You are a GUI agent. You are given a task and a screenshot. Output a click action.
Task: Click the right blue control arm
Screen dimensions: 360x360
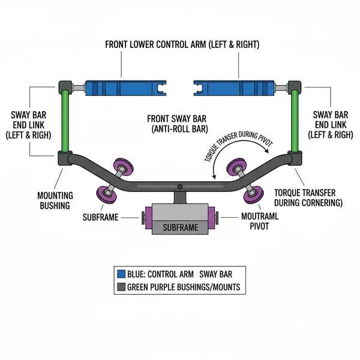pos(236,88)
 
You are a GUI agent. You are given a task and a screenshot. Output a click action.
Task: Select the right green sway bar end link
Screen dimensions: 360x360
pos(294,121)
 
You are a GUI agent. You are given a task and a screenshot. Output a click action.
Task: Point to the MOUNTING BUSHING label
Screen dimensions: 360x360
pos(55,200)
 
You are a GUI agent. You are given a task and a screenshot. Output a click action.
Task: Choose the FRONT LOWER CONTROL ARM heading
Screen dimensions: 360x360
pos(180,44)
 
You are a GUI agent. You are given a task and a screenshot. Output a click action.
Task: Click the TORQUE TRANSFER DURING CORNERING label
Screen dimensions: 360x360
pos(308,197)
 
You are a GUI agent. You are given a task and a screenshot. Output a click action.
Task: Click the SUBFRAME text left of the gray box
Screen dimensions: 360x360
pos(100,217)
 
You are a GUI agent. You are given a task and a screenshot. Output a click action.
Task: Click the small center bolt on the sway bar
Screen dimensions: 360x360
pos(180,185)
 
